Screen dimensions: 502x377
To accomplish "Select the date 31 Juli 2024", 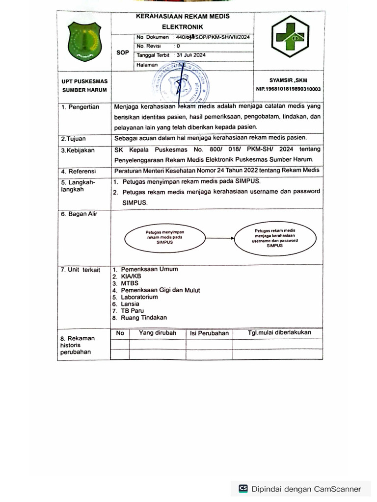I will (x=191, y=55).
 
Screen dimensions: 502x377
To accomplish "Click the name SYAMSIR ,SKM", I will (x=288, y=80).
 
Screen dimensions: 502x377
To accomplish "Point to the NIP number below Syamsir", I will (x=288, y=89).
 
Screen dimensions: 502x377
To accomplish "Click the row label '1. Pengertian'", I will (x=80, y=107).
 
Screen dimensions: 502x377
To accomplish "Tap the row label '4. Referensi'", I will (x=80, y=172).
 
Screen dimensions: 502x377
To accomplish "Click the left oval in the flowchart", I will (x=164, y=236).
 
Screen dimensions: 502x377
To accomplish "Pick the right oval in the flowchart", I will (x=274, y=238).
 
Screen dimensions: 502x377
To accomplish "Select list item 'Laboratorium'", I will (x=139, y=297).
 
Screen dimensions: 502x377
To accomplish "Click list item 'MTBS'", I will (x=130, y=283).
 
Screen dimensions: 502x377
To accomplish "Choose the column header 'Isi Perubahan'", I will (x=209, y=333).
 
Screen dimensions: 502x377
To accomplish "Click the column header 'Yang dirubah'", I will (x=157, y=333).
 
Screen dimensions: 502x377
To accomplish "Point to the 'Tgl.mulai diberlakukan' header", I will (x=279, y=333).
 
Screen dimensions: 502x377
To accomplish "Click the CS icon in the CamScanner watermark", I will (x=243, y=488).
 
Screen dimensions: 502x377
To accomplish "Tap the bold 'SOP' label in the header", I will (x=123, y=53).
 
